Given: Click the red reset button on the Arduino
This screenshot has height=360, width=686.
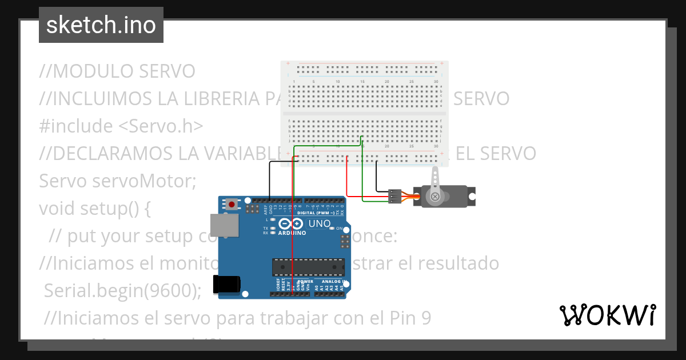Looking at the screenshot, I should [232, 203].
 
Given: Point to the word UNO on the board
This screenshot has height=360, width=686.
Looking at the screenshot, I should [320, 223].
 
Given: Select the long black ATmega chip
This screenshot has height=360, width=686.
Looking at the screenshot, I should [309, 267].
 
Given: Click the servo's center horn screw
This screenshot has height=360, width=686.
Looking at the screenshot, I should [436, 197].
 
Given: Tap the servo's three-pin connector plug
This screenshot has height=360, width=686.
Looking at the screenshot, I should [394, 196].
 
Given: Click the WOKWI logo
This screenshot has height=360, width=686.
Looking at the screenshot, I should [607, 315].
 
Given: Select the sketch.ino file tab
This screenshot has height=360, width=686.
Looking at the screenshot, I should [101, 25].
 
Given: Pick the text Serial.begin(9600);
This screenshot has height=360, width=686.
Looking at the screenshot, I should [123, 291].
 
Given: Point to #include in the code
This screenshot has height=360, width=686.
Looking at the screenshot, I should [77, 126].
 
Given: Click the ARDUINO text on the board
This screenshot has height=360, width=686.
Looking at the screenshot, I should [292, 233].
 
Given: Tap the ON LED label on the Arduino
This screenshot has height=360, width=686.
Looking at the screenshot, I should [339, 229].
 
